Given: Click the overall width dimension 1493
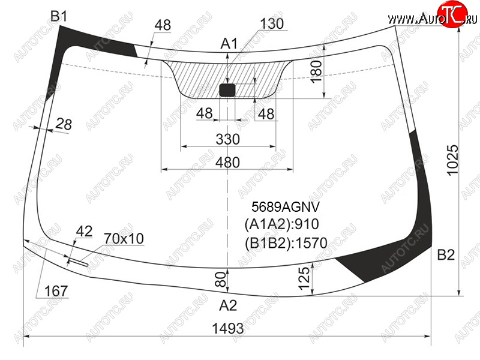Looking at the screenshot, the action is [x=228, y=328].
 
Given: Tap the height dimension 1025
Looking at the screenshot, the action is [x=453, y=160].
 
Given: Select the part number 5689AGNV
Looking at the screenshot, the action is [x=286, y=207].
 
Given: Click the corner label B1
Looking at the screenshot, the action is [x=58, y=16].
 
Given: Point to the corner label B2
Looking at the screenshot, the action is [x=446, y=254].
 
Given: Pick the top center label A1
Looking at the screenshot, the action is [x=229, y=43].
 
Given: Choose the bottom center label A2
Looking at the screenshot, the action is [x=228, y=305].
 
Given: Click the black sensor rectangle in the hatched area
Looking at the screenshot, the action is [x=227, y=90].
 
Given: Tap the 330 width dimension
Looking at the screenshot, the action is [x=228, y=139].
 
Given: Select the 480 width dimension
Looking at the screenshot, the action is [x=227, y=162].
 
